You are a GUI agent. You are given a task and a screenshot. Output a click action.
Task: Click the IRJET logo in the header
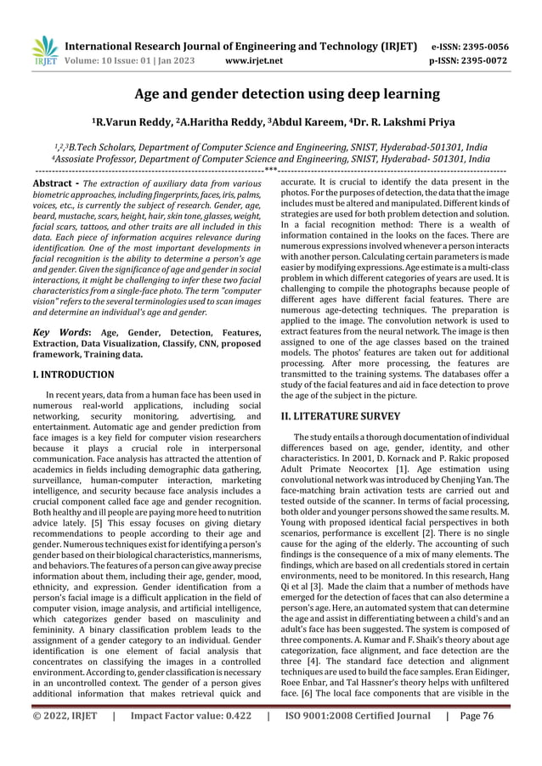pos(43,53)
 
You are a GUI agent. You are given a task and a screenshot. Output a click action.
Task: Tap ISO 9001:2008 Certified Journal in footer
pos(358,739)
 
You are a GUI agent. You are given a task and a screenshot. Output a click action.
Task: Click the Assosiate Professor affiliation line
pos(270,159)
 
